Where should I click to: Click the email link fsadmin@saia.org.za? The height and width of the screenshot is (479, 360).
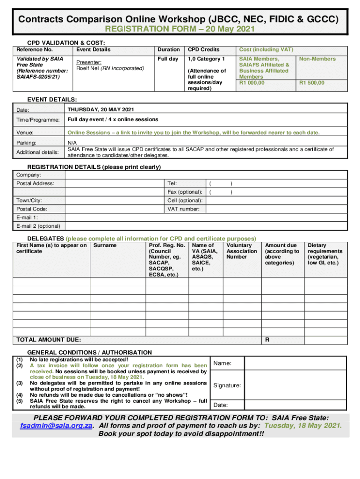coord(56,425)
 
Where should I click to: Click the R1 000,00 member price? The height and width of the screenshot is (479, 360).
coord(252,83)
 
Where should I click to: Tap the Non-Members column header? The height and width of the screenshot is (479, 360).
coord(317,59)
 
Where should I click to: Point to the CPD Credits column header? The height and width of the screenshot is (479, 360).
coord(203,50)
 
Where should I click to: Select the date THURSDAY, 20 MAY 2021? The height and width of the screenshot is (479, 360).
coord(101,109)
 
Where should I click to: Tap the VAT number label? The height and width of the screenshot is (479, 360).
coord(183,209)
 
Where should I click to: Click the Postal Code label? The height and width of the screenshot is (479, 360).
coord(31,209)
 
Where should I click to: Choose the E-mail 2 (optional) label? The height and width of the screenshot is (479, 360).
coord(38,226)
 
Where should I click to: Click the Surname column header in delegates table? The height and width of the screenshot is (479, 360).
coord(105,245)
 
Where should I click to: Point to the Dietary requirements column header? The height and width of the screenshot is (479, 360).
coord(324,254)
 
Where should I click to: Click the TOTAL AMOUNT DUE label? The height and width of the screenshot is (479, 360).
coord(48,340)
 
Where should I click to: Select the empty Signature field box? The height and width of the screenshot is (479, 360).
coord(296,385)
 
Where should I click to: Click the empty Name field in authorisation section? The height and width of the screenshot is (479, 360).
coord(296,363)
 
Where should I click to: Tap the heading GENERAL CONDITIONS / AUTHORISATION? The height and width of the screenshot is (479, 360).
coord(89,352)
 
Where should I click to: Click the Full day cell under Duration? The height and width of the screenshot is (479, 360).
coord(168,59)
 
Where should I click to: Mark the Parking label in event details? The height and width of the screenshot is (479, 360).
coord(26,143)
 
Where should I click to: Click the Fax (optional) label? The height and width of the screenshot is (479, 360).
coord(185,192)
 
